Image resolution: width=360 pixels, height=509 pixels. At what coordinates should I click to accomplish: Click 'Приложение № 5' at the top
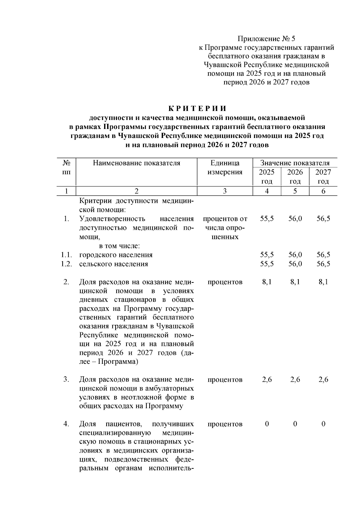click(266, 39)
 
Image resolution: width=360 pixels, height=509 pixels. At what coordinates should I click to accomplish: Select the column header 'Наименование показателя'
click(136, 163)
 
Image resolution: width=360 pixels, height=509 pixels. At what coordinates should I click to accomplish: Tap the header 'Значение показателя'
click(295, 163)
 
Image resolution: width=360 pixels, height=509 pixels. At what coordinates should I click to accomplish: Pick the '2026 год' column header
click(295, 176)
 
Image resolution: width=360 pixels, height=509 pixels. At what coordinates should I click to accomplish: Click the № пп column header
click(67, 167)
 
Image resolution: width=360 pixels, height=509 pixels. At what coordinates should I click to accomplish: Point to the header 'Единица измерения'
click(225, 167)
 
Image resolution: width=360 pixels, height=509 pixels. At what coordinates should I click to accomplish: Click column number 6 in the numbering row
click(323, 191)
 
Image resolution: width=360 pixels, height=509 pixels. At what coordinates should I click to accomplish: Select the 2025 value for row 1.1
click(267, 255)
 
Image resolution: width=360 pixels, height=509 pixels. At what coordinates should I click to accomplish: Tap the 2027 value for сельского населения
click(323, 264)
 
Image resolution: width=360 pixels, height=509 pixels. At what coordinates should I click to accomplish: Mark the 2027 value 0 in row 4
click(323, 424)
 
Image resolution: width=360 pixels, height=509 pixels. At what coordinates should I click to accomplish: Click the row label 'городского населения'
click(116, 255)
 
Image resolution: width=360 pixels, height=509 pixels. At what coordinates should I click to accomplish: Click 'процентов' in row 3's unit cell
click(225, 379)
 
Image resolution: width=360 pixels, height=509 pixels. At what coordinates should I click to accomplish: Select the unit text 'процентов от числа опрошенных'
click(225, 228)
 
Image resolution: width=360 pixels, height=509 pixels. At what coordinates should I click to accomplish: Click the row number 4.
click(66, 424)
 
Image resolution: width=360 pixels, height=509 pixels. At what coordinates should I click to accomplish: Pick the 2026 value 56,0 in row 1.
click(295, 219)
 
